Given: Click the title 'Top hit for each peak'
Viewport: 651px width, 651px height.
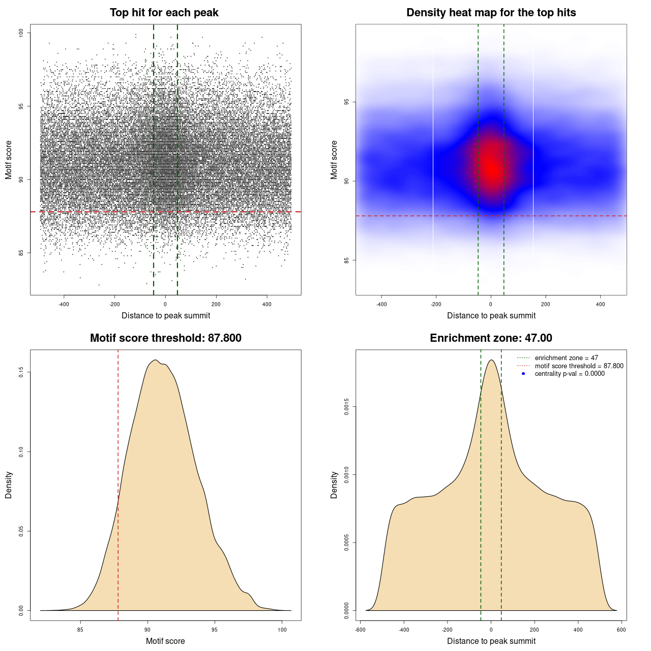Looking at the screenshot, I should click(164, 13).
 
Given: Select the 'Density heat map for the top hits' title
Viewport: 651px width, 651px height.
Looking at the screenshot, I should click(491, 13).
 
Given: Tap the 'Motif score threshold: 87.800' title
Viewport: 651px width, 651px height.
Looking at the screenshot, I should click(165, 338).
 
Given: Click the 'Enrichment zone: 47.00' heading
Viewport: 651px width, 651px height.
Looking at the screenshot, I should click(491, 338).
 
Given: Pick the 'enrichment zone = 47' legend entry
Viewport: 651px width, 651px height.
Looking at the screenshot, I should click(566, 358).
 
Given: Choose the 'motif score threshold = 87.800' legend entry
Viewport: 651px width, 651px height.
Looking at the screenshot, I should click(579, 366).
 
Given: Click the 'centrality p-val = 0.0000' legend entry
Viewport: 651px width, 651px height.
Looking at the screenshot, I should click(570, 373).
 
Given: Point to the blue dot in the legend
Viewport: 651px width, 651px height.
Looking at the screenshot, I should click(523, 374).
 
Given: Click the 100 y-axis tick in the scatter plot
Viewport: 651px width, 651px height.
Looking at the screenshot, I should click(21, 33).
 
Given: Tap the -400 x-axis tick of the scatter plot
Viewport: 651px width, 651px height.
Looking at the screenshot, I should click(64, 304).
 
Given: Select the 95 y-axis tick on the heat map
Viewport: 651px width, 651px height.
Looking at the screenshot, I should click(346, 102).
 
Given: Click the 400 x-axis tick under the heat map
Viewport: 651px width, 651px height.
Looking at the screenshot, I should click(600, 304).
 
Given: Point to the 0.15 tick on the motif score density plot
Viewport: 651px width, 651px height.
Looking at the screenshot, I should click(21, 372).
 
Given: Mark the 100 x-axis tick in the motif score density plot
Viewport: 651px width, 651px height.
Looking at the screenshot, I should click(282, 630).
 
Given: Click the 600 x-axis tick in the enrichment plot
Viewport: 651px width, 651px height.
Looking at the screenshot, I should click(621, 630).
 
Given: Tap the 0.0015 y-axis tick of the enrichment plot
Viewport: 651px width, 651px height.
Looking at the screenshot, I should click(346, 407).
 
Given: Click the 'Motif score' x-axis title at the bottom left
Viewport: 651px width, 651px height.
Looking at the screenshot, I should click(165, 641).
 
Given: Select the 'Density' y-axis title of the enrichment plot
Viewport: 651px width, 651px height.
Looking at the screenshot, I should click(334, 485).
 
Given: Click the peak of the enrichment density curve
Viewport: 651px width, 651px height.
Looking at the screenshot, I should click(491, 360).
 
